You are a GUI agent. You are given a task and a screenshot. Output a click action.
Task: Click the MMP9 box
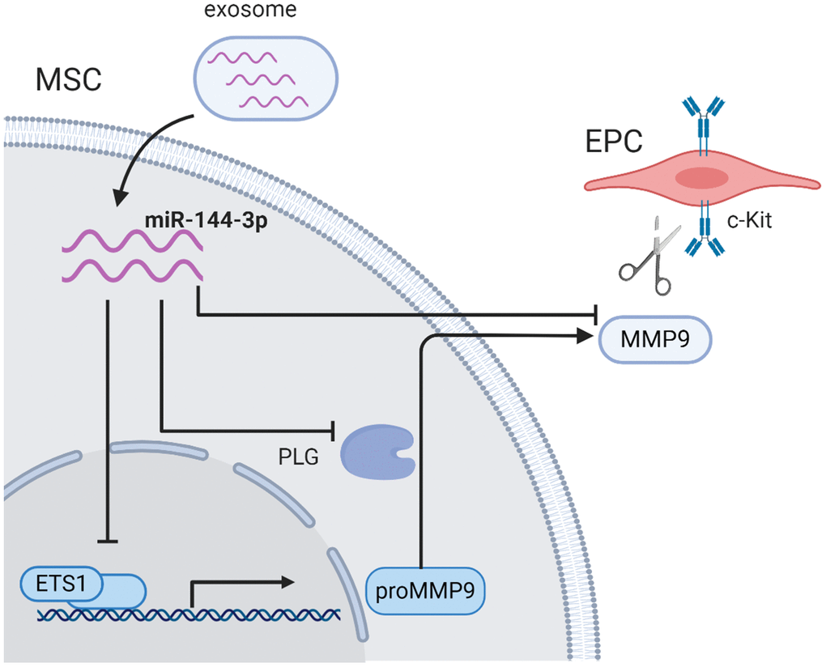click(654, 338)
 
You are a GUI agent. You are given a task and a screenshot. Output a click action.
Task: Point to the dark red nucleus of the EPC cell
click(702, 178)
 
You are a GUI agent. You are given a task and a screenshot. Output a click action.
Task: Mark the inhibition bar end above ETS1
click(108, 541)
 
